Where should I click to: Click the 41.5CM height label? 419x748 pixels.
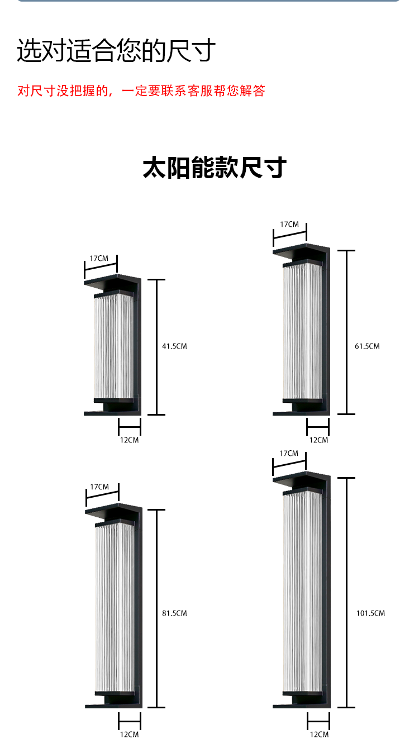(x=174, y=346)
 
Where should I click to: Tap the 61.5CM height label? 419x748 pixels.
(x=367, y=346)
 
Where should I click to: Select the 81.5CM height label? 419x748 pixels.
(x=174, y=613)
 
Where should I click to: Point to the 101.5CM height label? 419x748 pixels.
(x=370, y=613)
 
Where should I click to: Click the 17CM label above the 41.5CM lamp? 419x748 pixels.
(x=99, y=259)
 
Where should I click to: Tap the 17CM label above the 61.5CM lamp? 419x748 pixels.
(x=289, y=225)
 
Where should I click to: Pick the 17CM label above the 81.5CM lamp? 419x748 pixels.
(x=99, y=487)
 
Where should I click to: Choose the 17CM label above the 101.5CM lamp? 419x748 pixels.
(x=289, y=454)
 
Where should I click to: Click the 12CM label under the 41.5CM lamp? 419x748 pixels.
(x=129, y=440)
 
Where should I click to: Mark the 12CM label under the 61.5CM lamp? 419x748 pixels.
(x=318, y=440)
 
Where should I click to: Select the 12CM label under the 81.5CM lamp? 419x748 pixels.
(x=129, y=735)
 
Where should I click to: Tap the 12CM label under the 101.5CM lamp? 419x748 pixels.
(x=319, y=735)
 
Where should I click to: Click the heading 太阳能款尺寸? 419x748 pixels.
(x=215, y=168)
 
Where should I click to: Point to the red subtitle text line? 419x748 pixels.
(x=141, y=91)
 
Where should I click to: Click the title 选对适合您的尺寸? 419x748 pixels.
(x=116, y=50)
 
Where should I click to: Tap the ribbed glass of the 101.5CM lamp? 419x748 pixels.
(x=302, y=593)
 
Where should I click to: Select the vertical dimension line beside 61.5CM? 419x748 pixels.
(x=346, y=332)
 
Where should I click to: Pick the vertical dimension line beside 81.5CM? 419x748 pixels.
(x=156, y=608)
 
